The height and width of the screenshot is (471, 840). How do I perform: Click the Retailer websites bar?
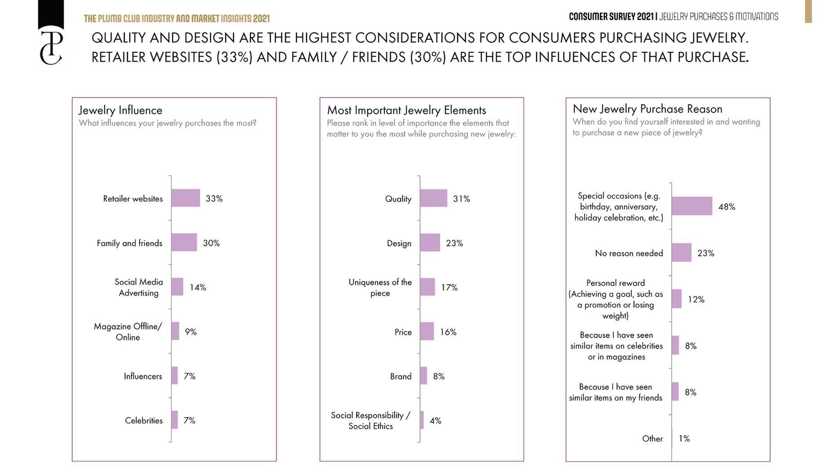185,198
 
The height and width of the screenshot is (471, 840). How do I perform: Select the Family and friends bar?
184,242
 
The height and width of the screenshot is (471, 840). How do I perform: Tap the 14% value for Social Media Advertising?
197,287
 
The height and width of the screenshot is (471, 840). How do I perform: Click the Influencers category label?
143,376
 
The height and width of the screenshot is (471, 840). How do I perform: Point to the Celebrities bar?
175,420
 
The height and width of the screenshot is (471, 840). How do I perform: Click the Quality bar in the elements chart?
433,198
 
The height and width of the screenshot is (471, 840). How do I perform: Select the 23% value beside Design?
454,243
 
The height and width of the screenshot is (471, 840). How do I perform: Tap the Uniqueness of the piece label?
380,288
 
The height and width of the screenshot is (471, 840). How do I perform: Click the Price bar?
427,331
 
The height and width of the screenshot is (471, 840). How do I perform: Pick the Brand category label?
400,376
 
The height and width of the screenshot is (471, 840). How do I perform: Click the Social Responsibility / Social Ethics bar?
422,420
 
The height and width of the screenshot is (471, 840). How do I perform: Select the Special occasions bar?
691,206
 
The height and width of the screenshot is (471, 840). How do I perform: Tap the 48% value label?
726,207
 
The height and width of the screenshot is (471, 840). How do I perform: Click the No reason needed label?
629,253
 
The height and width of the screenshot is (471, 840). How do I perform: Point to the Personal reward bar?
677,299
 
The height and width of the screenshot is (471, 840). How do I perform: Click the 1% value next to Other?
684,438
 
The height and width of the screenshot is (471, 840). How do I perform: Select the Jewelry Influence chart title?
120,110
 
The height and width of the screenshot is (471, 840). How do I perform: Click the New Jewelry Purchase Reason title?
647,109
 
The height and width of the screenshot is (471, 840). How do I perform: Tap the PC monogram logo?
51,48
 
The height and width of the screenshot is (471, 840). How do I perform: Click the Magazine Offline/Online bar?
175,331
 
